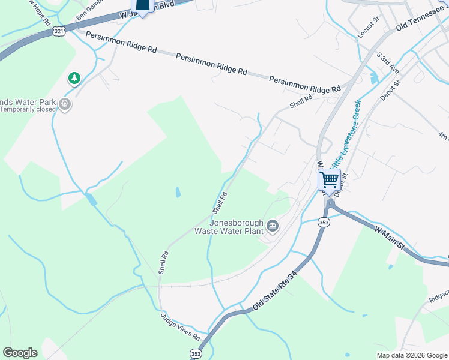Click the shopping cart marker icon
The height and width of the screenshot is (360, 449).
coord(329,179)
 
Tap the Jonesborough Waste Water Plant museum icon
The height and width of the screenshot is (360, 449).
coord(273,226)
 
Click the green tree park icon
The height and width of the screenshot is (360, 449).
coord(74,78)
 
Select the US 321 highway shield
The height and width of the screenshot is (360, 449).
coord(58,31)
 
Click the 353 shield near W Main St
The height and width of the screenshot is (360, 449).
coord(324,222)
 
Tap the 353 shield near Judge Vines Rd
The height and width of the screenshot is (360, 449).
coord(196,353)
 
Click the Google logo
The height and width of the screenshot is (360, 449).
coord(20,353)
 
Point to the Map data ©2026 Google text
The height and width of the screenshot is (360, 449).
coord(412,355)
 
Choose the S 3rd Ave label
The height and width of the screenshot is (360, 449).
coord(388,62)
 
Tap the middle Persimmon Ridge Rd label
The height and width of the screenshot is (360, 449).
coord(211,63)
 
